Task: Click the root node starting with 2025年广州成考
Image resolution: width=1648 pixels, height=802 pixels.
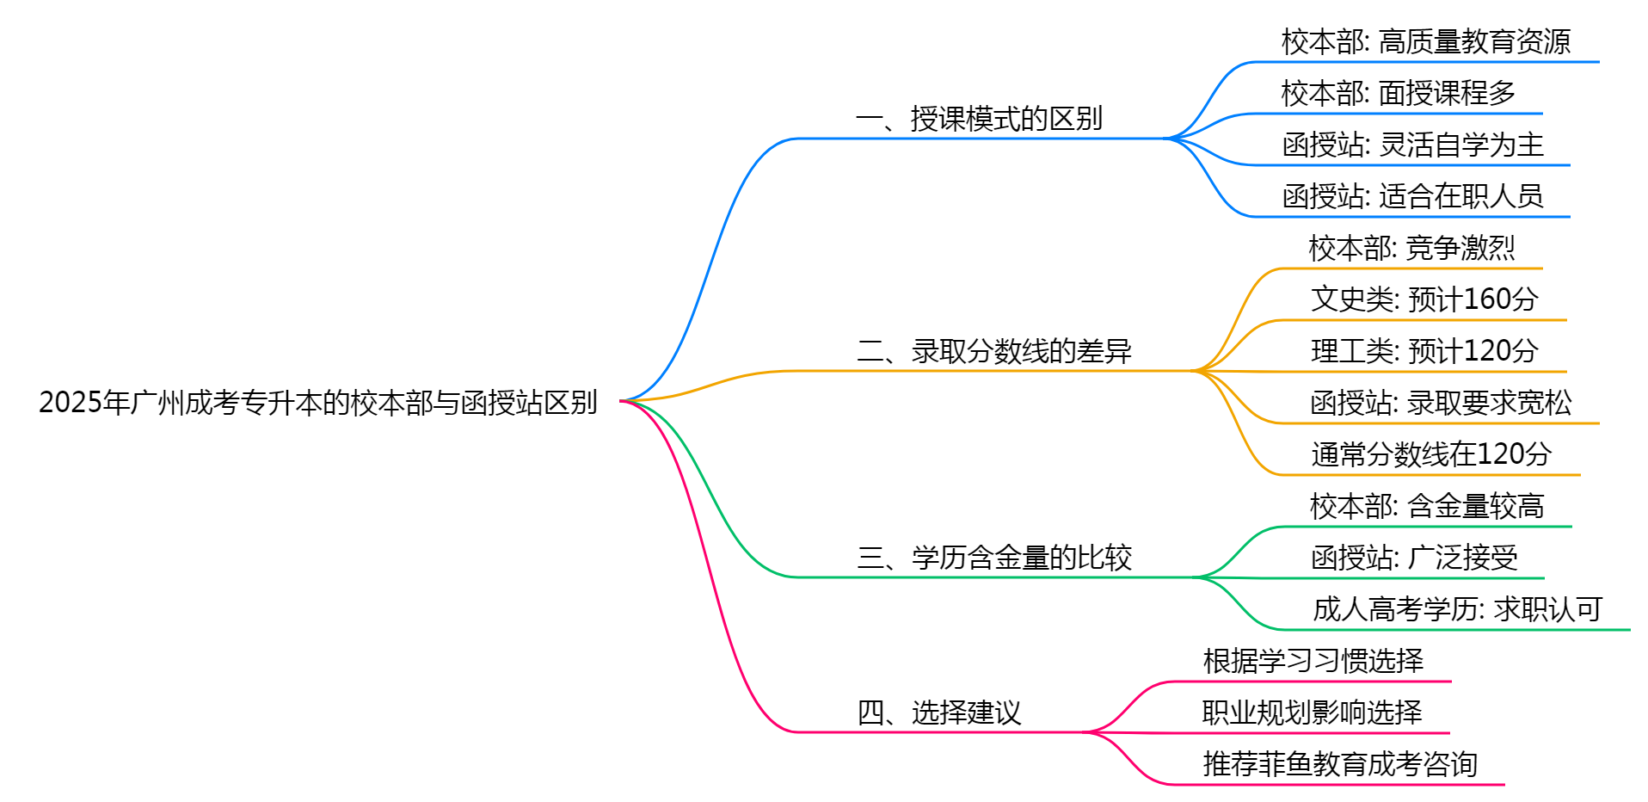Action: pos(317,402)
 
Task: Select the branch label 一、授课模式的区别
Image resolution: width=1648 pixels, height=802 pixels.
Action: pos(979,119)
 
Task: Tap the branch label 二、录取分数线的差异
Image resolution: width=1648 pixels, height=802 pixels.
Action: pos(993,351)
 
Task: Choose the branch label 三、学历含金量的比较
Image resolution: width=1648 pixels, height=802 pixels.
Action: pos(993,558)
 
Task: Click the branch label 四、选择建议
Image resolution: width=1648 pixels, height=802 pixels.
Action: pos(938,713)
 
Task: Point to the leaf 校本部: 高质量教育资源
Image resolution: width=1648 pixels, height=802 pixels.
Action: pos(1425,41)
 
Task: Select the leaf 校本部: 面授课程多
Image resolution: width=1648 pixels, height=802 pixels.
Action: pos(1398,93)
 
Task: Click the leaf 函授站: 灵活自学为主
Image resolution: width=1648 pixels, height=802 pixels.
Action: pos(1412,145)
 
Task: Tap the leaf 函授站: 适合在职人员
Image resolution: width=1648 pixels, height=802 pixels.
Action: pos(1412,196)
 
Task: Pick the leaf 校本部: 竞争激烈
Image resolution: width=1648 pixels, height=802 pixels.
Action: pos(1411,248)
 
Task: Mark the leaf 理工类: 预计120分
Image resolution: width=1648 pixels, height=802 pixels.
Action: pos(1424,351)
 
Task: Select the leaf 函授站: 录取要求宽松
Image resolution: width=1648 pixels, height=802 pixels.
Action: pos(1441,403)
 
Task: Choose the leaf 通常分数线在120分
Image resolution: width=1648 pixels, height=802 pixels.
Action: pos(1431,454)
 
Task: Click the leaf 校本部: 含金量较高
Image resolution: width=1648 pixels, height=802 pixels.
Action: pos(1427,506)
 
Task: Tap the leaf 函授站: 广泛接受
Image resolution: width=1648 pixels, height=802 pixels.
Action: pos(1414,558)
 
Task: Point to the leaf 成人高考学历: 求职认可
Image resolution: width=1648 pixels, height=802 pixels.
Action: pos(1457,609)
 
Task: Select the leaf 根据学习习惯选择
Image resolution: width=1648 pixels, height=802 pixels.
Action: pos(1313,661)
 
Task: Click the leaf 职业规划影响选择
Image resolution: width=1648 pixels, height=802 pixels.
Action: pos(1312,713)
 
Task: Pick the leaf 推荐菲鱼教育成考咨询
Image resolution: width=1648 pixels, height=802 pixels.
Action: pos(1339,764)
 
